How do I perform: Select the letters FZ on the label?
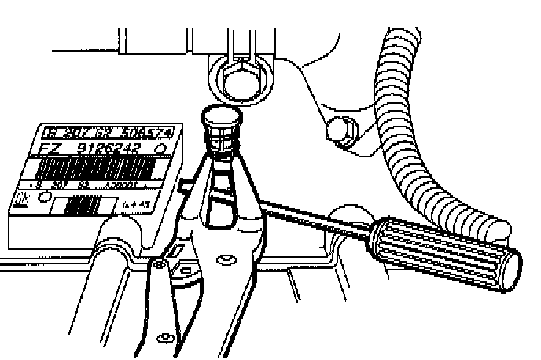[53, 148]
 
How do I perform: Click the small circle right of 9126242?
[161, 150]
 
